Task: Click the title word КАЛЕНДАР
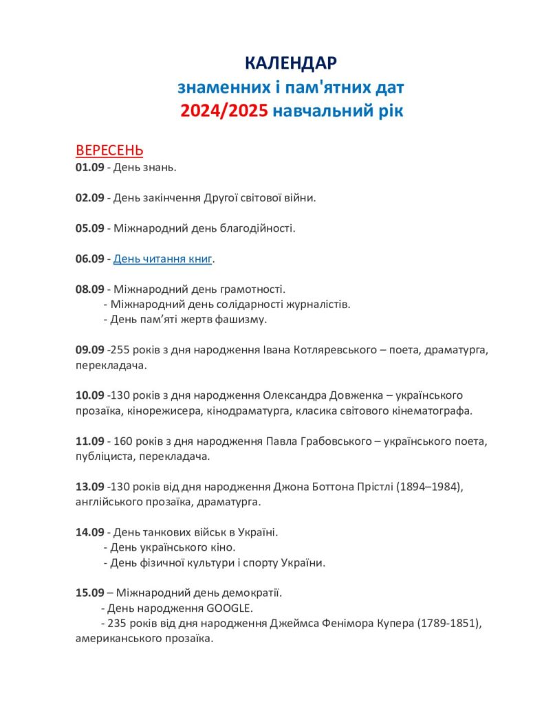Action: [291, 64]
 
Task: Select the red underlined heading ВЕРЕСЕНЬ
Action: [109, 151]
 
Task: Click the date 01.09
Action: [89, 167]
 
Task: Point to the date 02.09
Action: [89, 197]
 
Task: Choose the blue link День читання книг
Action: [163, 258]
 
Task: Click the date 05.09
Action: [89, 228]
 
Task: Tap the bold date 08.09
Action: [89, 289]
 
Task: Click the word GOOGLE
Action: [229, 608]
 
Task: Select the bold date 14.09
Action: [89, 532]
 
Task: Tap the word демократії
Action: [249, 593]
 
